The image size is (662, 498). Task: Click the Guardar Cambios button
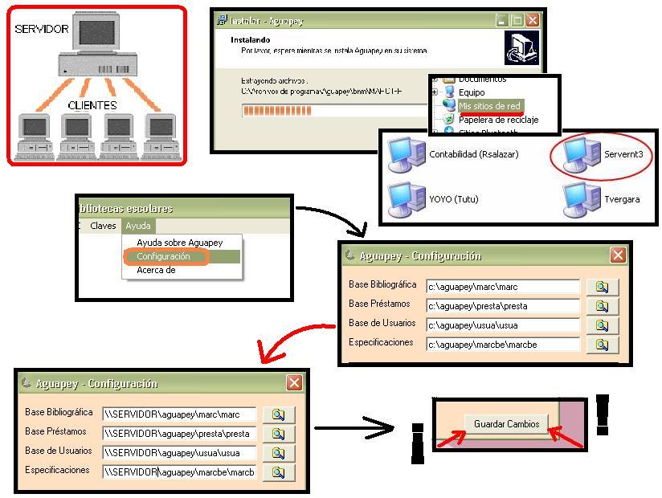coord(506,424)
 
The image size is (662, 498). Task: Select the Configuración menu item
coord(164,257)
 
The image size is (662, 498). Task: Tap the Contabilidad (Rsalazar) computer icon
coord(407,154)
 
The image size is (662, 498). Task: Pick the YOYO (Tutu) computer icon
coord(407,199)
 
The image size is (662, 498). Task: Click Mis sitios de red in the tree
coord(489,106)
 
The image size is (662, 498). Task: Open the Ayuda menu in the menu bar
coord(137,226)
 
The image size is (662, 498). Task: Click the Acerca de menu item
coord(156,271)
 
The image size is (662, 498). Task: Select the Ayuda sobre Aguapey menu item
coord(179,243)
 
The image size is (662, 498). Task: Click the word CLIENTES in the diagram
coord(92,105)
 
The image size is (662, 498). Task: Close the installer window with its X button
coord(532,21)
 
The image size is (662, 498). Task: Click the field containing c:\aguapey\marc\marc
coord(502,287)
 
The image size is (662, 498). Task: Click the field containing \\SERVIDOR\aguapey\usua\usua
coord(179,453)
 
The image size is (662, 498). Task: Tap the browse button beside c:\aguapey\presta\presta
coord(602,306)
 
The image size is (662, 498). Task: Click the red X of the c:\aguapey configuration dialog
coord(617,255)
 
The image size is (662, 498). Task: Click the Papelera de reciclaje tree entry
coord(498,120)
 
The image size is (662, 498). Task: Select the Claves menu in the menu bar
coord(103,226)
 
